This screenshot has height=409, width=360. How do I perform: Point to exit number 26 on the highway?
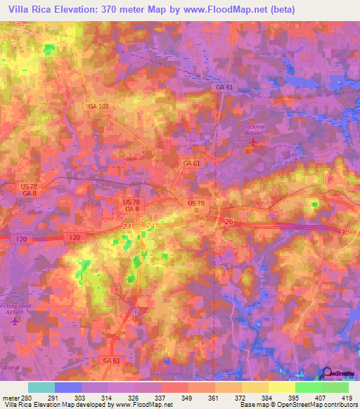tap(230, 222)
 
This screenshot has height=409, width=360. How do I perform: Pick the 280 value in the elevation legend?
tap(28, 397)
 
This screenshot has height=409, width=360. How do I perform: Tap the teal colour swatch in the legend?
tap(41, 387)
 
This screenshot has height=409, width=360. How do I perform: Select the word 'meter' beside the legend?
tap(11, 397)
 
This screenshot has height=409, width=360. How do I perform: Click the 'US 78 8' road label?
tap(196, 207)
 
